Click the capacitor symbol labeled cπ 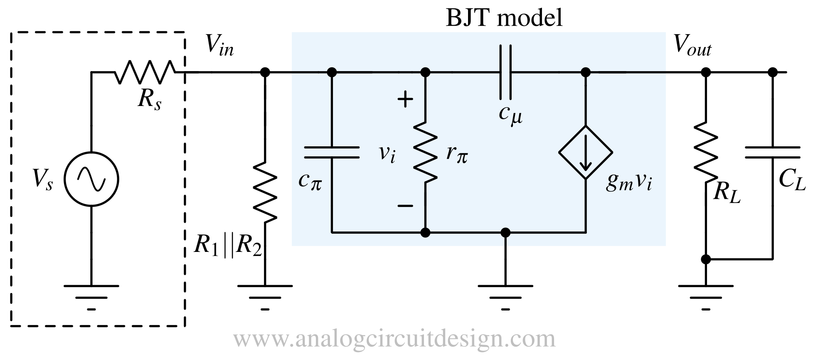click(x=331, y=153)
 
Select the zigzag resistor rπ click(x=425, y=152)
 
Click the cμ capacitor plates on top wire click(x=505, y=72)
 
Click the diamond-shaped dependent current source click(x=585, y=153)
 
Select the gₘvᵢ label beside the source click(x=628, y=182)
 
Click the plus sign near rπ click(x=405, y=100)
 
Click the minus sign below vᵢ click(x=405, y=206)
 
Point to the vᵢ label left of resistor click(x=387, y=154)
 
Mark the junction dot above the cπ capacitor click(x=331, y=72)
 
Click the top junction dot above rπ click(x=425, y=72)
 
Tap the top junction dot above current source click(x=585, y=72)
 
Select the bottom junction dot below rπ click(x=425, y=232)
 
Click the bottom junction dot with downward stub click(x=505, y=232)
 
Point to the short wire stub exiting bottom click(x=505, y=241)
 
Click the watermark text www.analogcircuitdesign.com click(x=394, y=339)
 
